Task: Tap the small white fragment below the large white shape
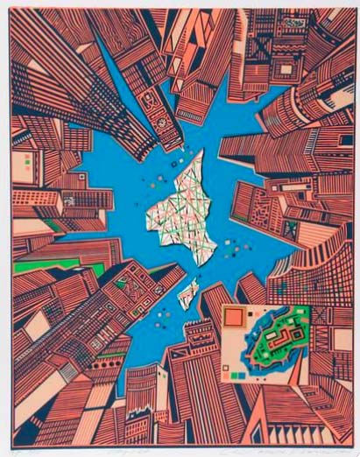(x=187, y=294)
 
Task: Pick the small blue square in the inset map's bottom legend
(x=233, y=375)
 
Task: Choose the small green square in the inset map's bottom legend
(x=241, y=375)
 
